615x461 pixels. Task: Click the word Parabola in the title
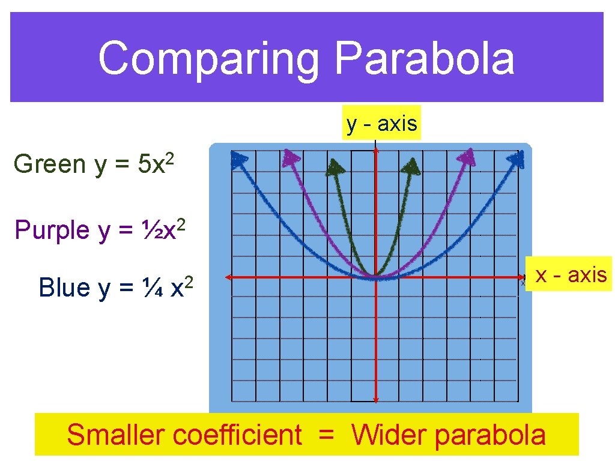click(x=424, y=59)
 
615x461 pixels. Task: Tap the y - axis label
click(x=381, y=123)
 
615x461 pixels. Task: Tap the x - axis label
click(x=571, y=275)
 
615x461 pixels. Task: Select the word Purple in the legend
click(x=52, y=230)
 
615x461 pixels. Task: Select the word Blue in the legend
click(x=64, y=288)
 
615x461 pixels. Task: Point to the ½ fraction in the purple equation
click(x=145, y=230)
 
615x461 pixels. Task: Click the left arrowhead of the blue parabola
click(x=240, y=160)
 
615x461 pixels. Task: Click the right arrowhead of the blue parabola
click(x=516, y=160)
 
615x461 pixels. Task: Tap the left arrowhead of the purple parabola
click(x=292, y=158)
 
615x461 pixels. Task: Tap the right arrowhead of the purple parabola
click(x=466, y=158)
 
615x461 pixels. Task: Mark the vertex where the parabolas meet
click(x=375, y=278)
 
